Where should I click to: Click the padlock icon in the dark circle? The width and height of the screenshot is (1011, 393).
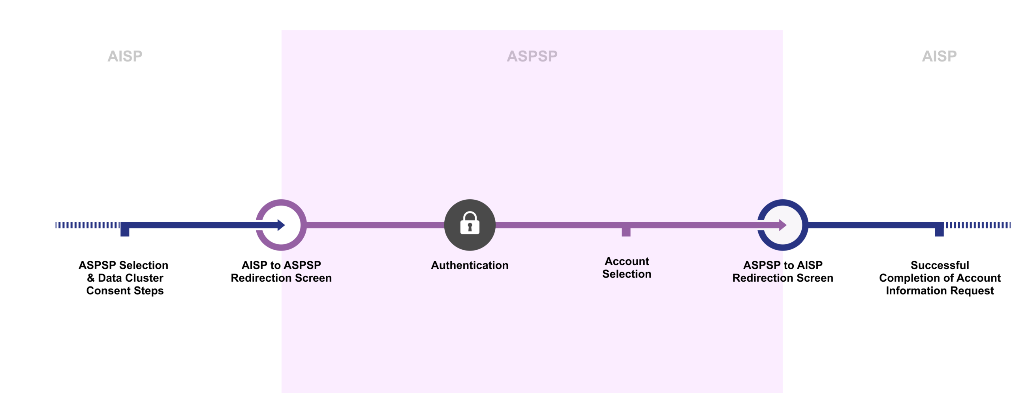coord(470,223)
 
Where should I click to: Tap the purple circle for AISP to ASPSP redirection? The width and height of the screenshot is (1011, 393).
coord(281,225)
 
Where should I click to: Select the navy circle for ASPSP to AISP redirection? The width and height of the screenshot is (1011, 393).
coord(783,225)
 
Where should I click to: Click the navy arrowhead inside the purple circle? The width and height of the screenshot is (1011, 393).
coord(281,225)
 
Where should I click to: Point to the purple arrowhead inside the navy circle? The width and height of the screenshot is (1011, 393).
coord(783,225)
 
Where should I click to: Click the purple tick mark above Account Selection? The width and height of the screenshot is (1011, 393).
coord(626,232)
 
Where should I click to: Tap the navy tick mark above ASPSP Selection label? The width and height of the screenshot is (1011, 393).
coord(125,229)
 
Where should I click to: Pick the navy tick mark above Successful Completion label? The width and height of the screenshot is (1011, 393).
coord(939,229)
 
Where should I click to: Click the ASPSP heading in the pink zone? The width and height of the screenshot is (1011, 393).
coord(532,56)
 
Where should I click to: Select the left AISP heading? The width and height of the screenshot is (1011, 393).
coord(125,56)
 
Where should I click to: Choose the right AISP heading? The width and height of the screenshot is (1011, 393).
coord(939,56)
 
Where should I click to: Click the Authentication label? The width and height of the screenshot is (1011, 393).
coord(470,265)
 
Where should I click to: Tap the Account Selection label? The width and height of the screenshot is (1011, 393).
coord(627,268)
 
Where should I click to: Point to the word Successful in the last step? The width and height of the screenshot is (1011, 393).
coord(940,265)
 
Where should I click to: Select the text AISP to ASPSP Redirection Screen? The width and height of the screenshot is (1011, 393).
coord(281,271)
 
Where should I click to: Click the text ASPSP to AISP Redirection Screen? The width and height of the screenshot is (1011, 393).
coord(783,271)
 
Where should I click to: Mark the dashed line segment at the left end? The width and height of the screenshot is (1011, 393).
coord(88,225)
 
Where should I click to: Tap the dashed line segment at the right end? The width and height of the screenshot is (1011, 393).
coord(977,225)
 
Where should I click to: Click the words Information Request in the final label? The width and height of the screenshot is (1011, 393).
coord(940,291)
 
